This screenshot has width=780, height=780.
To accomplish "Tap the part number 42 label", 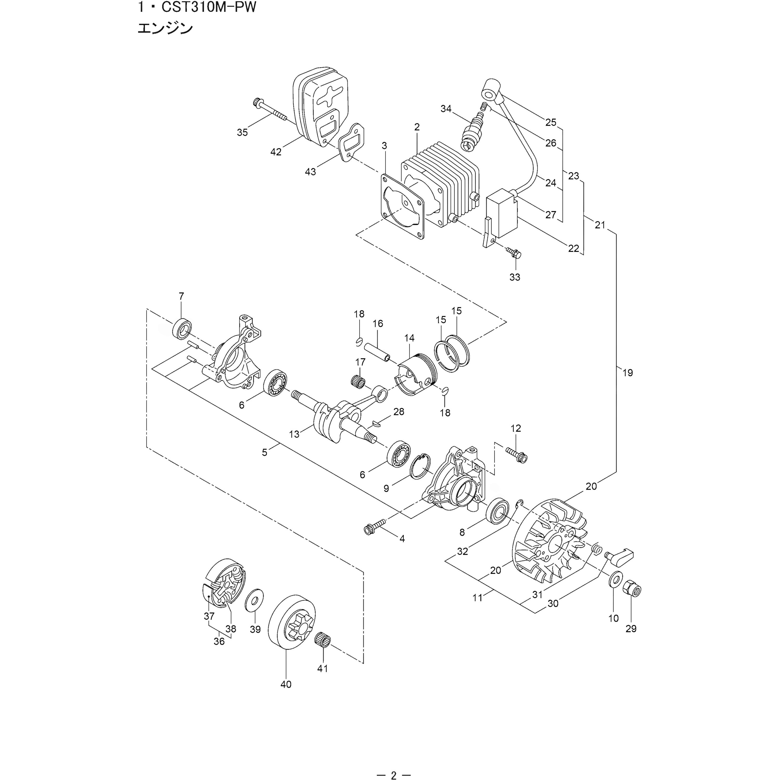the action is pyautogui.click(x=276, y=152).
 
